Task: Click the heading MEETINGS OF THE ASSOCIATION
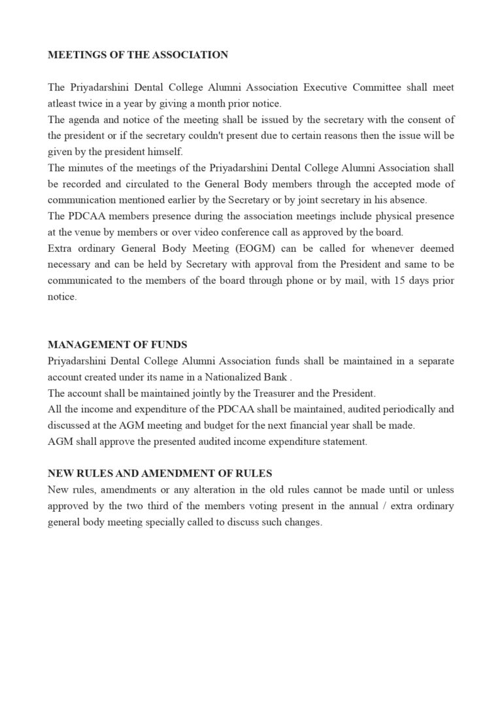pos(138,55)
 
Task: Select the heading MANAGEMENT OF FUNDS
pos(118,344)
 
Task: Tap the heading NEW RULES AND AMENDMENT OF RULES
pos(160,473)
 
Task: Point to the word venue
pos(88,232)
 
